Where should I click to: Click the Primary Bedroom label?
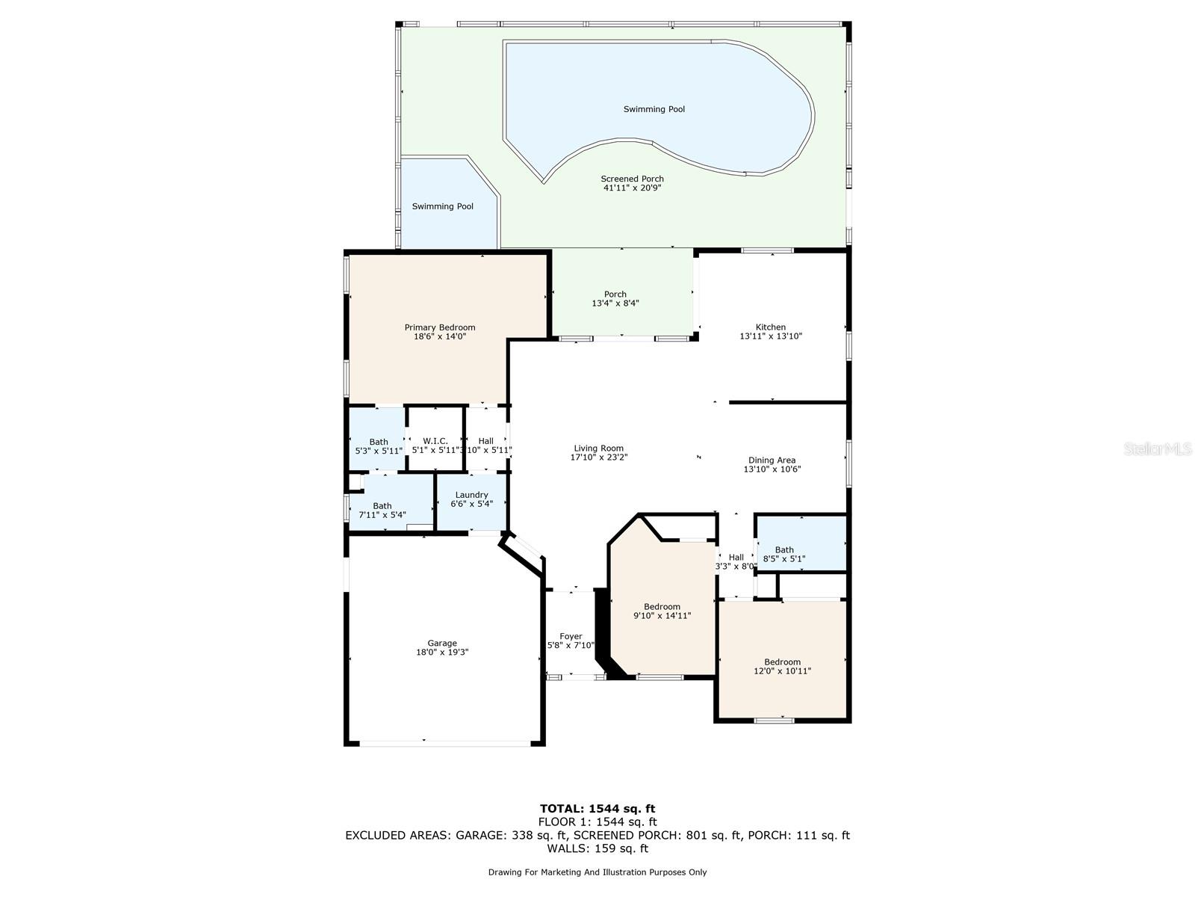click(x=439, y=327)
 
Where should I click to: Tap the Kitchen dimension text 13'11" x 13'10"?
click(x=770, y=336)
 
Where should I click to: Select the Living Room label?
click(x=598, y=449)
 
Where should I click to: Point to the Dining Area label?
click(x=772, y=460)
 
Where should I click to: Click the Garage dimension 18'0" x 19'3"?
click(x=442, y=652)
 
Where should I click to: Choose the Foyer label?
click(x=571, y=636)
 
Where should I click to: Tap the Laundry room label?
click(x=471, y=495)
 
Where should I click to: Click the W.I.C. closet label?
click(x=435, y=441)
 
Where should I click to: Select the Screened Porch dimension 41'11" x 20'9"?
click(x=632, y=188)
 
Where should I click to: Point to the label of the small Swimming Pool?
click(x=443, y=206)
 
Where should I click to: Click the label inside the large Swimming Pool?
click(x=654, y=109)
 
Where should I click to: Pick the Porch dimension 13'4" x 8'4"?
click(x=615, y=303)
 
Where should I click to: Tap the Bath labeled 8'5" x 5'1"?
click(x=784, y=550)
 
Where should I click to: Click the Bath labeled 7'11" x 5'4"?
click(x=382, y=506)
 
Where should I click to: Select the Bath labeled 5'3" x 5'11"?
click(x=379, y=443)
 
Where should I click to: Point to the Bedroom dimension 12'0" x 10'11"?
click(x=782, y=671)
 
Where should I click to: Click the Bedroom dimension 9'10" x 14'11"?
click(x=662, y=615)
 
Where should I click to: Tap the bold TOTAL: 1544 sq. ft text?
click(x=597, y=809)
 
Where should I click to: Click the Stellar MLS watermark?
click(x=1158, y=449)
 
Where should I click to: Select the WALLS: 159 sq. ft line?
click(x=597, y=848)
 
